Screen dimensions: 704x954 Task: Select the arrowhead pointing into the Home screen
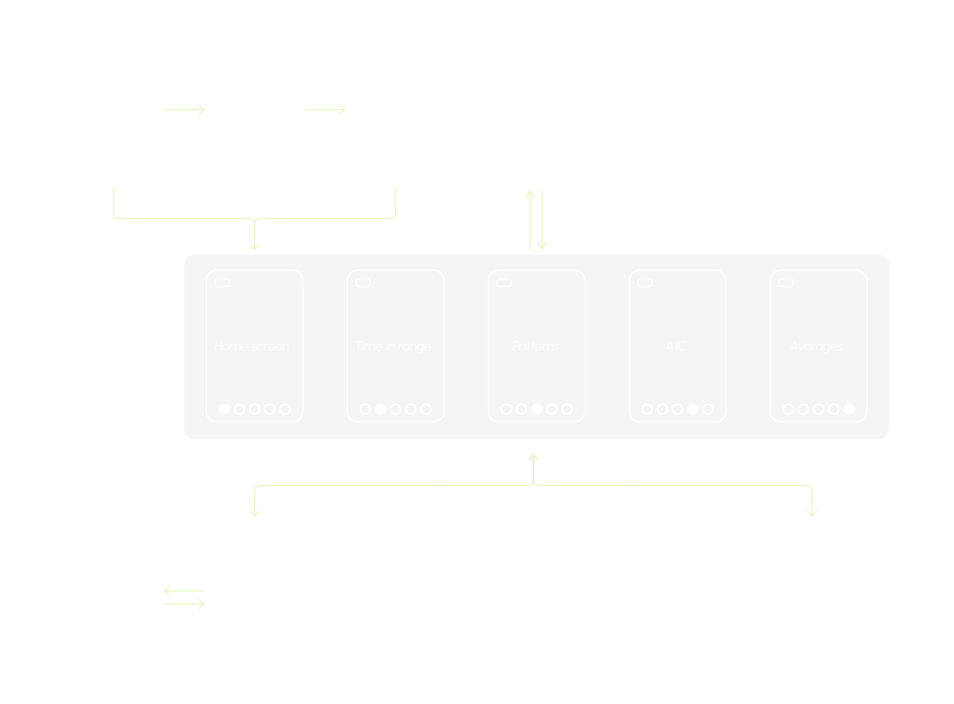[x=254, y=246]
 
